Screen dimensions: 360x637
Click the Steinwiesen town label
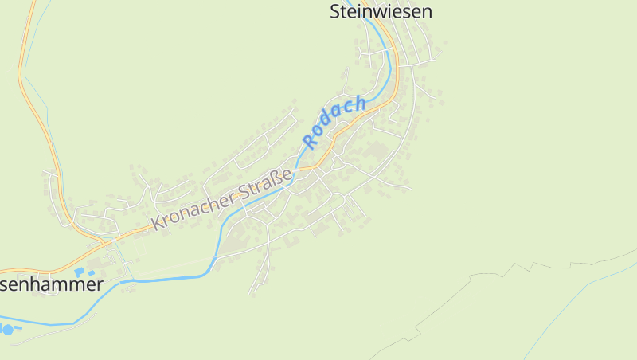click(x=381, y=11)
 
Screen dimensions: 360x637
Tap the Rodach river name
click(x=334, y=122)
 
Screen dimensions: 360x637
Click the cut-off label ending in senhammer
click(x=51, y=285)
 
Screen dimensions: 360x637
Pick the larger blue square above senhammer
click(x=79, y=272)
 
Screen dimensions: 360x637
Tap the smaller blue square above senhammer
click(x=91, y=273)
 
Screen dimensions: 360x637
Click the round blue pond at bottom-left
click(x=7, y=329)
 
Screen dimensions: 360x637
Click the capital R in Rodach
click(x=311, y=140)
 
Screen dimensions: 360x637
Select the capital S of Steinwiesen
click(x=335, y=11)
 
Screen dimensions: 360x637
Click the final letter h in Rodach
click(x=360, y=103)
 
